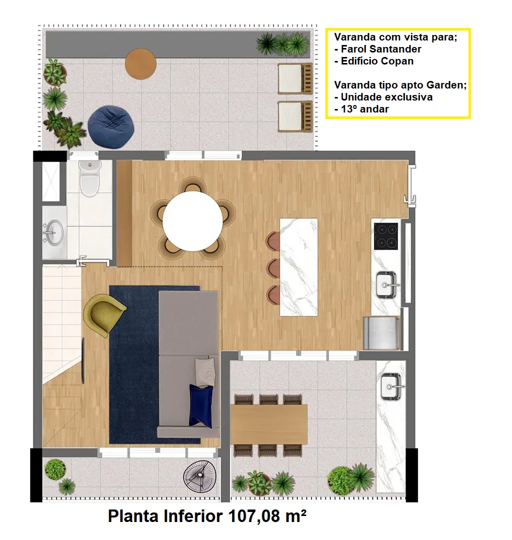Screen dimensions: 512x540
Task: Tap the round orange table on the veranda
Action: point(141,63)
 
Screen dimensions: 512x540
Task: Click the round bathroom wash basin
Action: point(54,232)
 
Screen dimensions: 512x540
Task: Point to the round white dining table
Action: point(192,221)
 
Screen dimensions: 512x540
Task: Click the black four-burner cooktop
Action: point(386,236)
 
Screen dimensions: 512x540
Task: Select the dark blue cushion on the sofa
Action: point(201,406)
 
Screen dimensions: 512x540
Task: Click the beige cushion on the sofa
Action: point(206,372)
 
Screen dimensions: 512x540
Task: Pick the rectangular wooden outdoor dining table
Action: point(269,424)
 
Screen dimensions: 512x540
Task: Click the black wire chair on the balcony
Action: point(200,476)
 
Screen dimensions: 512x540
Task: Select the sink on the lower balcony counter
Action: point(392,386)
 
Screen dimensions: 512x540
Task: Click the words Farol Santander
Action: point(381,49)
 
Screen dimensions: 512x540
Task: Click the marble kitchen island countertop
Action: point(299,267)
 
